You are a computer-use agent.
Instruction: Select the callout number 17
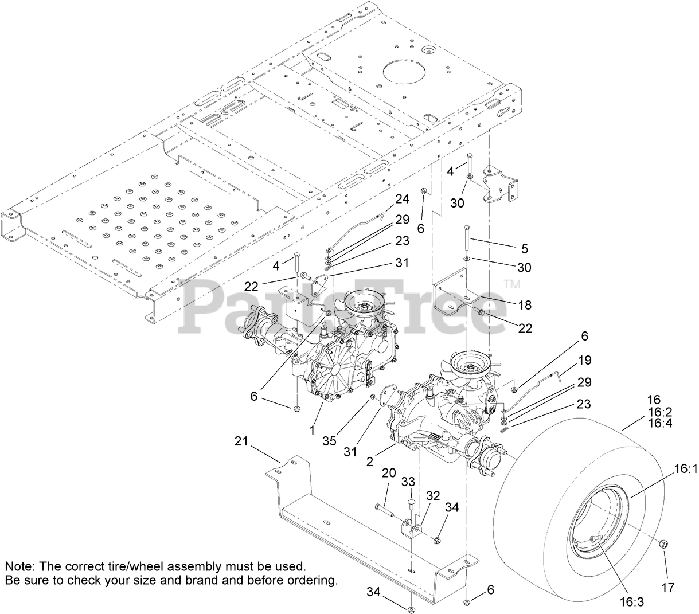667,588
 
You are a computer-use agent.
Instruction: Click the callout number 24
402,199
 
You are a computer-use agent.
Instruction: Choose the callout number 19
585,361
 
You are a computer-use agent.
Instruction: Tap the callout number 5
525,249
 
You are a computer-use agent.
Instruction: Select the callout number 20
388,472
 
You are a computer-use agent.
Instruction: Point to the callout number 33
408,482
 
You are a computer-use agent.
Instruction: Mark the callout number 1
313,429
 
